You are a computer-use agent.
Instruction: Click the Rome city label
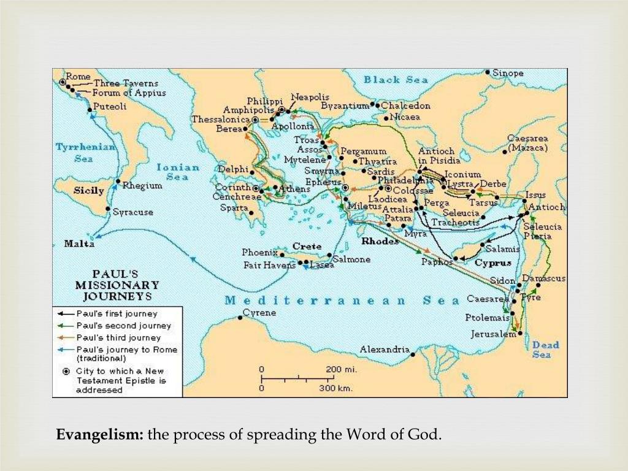(78, 76)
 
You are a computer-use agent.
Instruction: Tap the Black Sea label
(390, 80)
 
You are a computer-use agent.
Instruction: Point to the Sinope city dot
(488, 72)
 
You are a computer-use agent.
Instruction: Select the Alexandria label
(385, 349)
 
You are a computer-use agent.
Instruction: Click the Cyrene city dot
(239, 318)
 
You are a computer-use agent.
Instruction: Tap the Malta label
(80, 243)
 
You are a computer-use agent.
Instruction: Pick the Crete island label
(307, 246)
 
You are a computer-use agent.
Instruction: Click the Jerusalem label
(493, 334)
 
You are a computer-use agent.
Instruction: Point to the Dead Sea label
(545, 349)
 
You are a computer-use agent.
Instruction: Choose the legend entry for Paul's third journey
(119, 337)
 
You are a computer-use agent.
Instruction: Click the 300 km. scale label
(335, 388)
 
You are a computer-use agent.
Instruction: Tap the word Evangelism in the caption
(100, 435)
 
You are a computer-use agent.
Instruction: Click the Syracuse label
(133, 212)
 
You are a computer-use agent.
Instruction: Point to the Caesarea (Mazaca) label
(527, 144)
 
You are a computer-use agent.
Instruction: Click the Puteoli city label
(110, 107)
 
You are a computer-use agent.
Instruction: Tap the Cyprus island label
(492, 262)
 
